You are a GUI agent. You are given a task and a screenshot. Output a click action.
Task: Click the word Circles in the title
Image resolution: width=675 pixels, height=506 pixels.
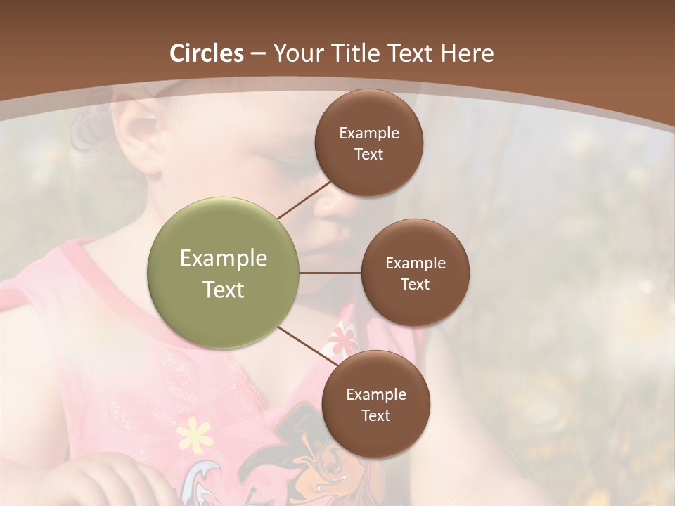207,53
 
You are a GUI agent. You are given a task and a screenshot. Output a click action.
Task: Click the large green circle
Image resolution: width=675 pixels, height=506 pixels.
224,273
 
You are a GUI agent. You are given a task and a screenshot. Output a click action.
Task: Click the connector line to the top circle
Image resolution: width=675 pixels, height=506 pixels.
304,200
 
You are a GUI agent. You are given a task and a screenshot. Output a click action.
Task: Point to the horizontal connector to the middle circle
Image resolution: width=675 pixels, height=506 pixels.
330,273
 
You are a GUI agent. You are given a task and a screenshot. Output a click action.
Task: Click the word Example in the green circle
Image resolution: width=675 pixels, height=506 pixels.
224,258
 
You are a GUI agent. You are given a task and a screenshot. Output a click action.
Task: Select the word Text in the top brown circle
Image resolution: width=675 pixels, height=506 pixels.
369,154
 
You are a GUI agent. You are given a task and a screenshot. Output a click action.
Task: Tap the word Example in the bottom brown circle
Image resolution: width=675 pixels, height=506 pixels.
376,394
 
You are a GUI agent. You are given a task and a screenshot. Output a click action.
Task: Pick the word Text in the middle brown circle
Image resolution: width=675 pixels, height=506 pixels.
416,284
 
